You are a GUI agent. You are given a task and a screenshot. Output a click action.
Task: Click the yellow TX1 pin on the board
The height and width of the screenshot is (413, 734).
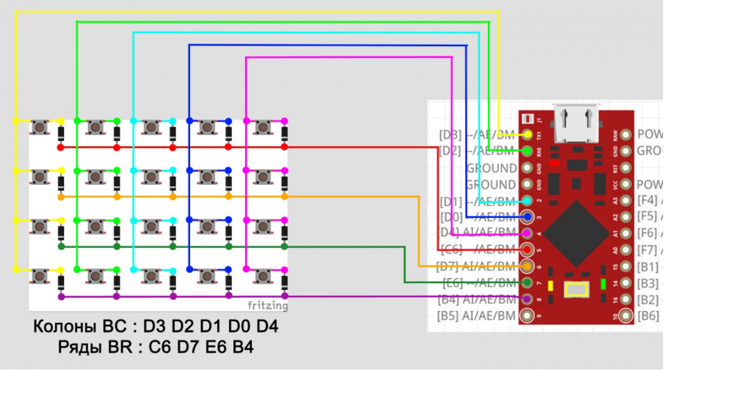pos(528,134)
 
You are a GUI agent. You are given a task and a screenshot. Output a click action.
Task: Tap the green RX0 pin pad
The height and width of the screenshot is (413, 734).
pos(528,150)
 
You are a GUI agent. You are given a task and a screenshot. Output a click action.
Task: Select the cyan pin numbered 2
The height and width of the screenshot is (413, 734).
pos(528,200)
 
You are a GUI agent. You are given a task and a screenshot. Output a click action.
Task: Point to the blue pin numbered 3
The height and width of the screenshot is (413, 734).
pos(528,216)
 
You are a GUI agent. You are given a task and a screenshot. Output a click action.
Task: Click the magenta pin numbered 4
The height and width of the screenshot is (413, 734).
pos(528,233)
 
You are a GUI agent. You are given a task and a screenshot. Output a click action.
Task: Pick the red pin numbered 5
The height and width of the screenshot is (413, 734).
pos(528,249)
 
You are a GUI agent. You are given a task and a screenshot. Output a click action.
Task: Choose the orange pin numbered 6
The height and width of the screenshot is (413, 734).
pos(528,266)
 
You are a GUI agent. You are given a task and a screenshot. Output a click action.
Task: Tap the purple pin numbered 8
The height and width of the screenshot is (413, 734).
pos(528,299)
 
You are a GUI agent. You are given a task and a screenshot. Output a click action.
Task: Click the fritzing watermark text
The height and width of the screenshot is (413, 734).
pos(267,305)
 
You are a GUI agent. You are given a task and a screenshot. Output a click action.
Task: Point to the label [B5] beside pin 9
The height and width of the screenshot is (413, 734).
pos(449,316)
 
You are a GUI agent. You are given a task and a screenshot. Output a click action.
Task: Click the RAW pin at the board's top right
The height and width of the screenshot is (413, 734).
pos(625,134)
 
